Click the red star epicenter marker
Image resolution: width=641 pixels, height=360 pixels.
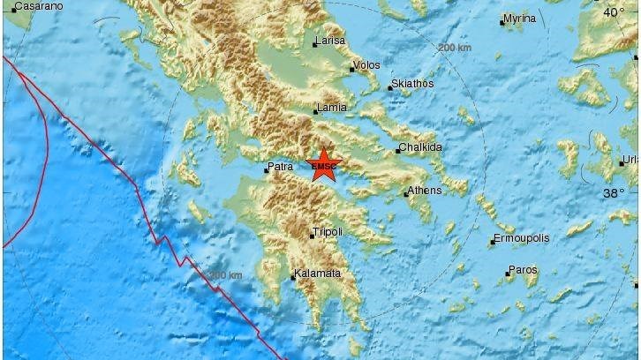(x=324, y=165)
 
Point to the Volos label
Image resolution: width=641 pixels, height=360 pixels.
(x=366, y=65)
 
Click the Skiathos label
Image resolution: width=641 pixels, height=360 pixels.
(x=412, y=84)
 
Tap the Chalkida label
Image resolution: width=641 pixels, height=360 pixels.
(x=420, y=147)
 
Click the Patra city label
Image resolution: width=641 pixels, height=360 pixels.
(x=280, y=166)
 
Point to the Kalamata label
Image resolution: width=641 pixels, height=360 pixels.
(x=318, y=274)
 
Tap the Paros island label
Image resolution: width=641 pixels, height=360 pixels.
(x=522, y=271)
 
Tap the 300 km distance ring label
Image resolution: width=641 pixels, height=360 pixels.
(x=226, y=275)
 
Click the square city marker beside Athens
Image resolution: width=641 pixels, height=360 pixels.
(x=405, y=193)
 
